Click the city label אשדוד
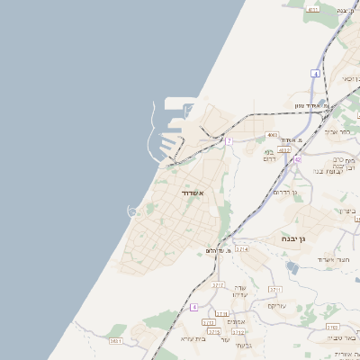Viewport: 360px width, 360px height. [193, 193]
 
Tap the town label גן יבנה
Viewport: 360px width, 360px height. [289, 238]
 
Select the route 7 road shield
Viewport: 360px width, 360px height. [229, 141]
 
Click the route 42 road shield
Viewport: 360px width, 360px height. [297, 159]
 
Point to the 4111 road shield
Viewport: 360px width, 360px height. [312, 9]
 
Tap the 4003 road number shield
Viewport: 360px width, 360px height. [273, 135]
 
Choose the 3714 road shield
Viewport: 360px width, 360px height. [242, 249]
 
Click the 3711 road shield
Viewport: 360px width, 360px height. [275, 289]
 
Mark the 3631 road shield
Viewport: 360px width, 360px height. [116, 341]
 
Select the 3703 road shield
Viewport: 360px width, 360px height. [332, 328]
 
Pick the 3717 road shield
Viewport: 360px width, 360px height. [217, 284]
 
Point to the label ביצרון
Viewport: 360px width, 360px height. [347, 211]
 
